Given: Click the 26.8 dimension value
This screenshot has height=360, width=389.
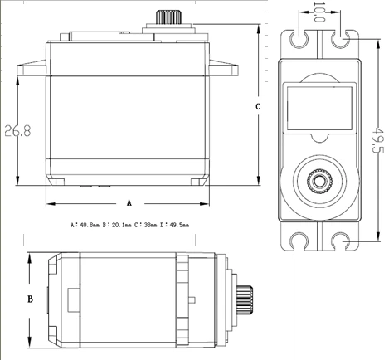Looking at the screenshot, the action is (x=17, y=130).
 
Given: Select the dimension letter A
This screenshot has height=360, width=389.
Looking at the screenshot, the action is (x=129, y=203).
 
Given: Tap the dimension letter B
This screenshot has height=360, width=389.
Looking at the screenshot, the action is (x=30, y=299).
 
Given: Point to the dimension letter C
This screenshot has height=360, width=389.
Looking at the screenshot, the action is (x=258, y=106).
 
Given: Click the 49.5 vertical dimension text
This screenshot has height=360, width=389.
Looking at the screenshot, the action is (x=377, y=140).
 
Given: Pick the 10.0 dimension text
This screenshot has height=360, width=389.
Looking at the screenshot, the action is (x=319, y=12).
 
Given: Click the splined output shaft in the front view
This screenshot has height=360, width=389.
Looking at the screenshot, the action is (x=168, y=17).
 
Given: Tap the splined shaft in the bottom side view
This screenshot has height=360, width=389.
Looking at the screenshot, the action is (x=245, y=299).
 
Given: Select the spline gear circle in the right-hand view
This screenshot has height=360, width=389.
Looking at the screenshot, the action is (x=319, y=182).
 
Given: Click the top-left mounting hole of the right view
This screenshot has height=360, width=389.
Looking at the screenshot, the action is (x=299, y=39).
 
